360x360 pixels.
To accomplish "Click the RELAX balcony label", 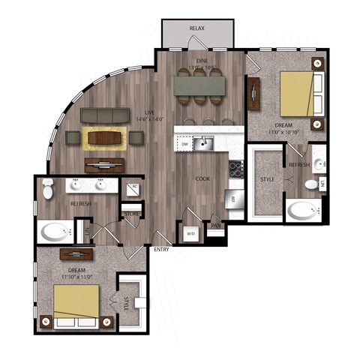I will click(x=197, y=28).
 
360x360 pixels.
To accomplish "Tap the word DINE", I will click(x=201, y=60).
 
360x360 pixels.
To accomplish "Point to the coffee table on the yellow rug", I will click(x=105, y=137).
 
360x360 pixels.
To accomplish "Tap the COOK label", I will click(x=202, y=179).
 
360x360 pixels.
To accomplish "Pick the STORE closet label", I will click(x=132, y=213).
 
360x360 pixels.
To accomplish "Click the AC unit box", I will click(x=134, y=188).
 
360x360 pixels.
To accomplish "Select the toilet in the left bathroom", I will click(x=48, y=190).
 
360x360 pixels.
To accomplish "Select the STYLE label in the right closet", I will click(x=266, y=180).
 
